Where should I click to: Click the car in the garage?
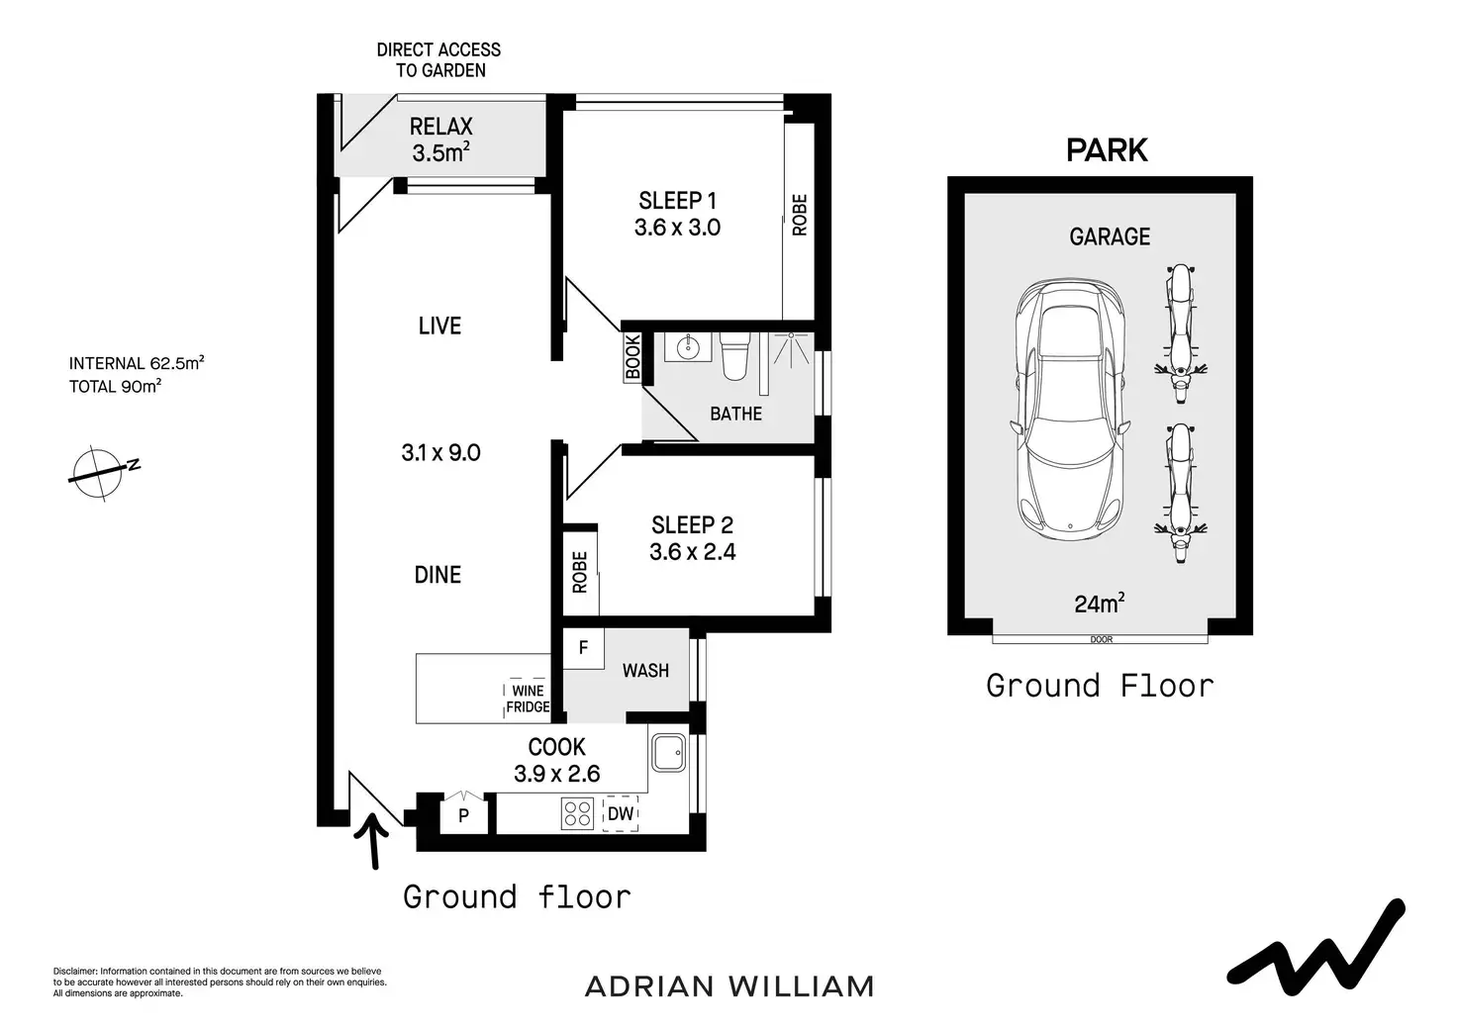(1069, 410)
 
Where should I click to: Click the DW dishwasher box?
(621, 813)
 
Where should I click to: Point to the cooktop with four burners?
(577, 812)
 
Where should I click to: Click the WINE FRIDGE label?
(528, 699)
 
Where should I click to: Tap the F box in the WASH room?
(583, 648)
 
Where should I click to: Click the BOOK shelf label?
(632, 357)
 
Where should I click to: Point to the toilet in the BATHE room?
(735, 355)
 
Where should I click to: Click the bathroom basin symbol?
(687, 348)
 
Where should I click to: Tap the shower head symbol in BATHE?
(791, 348)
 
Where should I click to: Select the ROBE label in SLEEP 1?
(800, 216)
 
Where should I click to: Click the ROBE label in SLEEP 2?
(580, 572)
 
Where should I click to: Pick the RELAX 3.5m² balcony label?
(441, 140)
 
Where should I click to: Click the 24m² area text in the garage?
(1100, 604)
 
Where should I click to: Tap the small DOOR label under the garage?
(1102, 640)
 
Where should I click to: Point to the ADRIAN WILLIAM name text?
(729, 986)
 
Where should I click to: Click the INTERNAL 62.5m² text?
(137, 363)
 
